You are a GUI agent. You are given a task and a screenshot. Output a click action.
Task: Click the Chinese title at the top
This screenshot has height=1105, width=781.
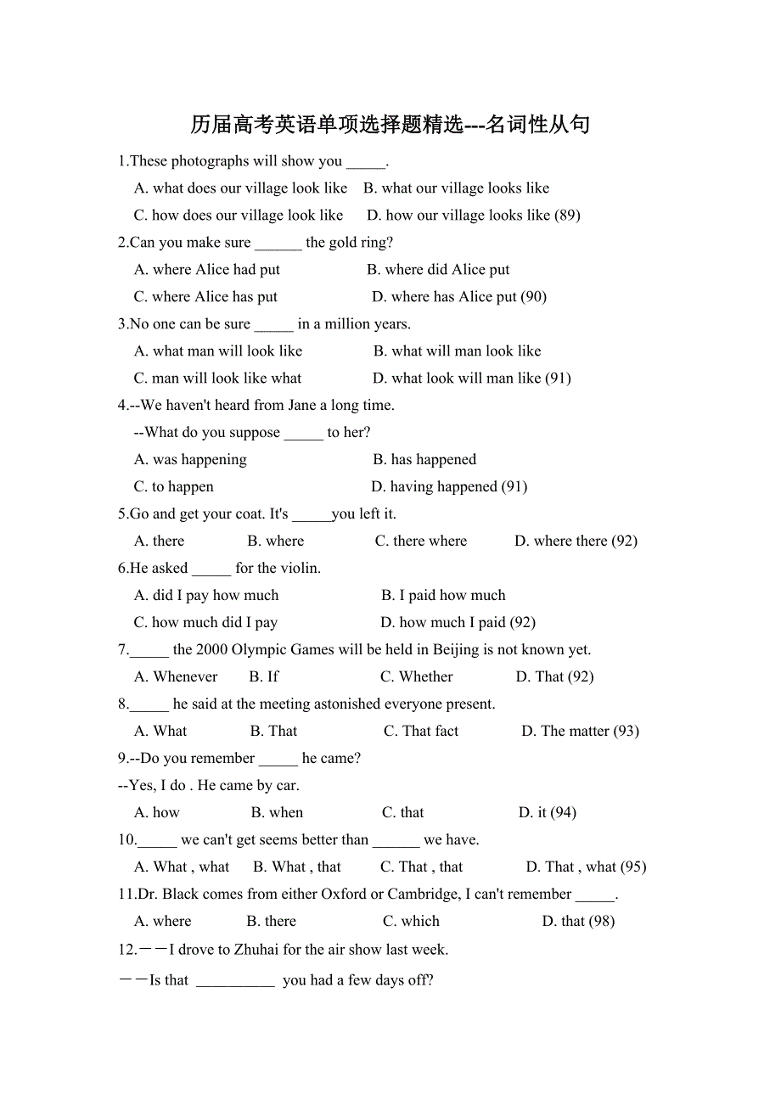point(390,125)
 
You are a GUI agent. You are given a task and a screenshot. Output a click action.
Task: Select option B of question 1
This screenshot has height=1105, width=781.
point(456,188)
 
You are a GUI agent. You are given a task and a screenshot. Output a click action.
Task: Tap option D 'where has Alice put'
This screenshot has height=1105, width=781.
point(458,297)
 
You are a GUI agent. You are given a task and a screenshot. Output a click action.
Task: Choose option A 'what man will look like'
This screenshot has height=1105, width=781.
point(218,351)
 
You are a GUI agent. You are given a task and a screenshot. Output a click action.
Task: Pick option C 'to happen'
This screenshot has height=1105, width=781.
point(174,487)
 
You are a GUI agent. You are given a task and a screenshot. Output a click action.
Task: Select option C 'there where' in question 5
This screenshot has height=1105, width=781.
point(421,541)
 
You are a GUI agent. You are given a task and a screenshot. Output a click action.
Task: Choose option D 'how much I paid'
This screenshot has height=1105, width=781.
point(458,623)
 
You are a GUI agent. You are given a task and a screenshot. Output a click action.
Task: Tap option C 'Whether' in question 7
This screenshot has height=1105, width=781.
point(417,677)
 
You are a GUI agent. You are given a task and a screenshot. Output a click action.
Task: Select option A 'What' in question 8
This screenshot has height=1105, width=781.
point(160,732)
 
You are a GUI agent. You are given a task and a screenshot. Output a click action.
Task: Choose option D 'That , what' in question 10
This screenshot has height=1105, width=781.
point(586,867)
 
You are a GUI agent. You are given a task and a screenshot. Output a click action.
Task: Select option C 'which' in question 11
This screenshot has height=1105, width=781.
point(411,922)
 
